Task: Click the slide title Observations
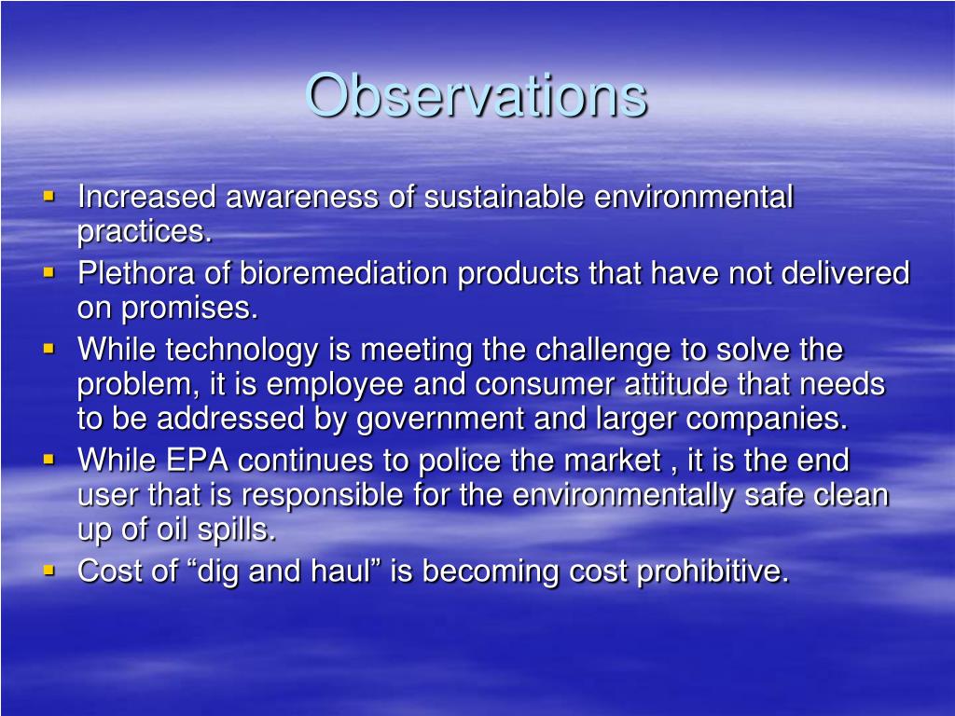click(x=477, y=95)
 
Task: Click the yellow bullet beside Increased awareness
click(x=49, y=197)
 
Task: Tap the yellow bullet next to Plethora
click(x=49, y=273)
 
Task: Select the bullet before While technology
click(x=49, y=349)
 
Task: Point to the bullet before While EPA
click(x=49, y=460)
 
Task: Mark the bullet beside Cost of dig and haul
click(x=49, y=571)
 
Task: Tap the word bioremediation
click(x=343, y=273)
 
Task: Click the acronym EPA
click(x=198, y=460)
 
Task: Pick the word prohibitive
click(x=713, y=572)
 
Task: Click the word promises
click(x=189, y=309)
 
